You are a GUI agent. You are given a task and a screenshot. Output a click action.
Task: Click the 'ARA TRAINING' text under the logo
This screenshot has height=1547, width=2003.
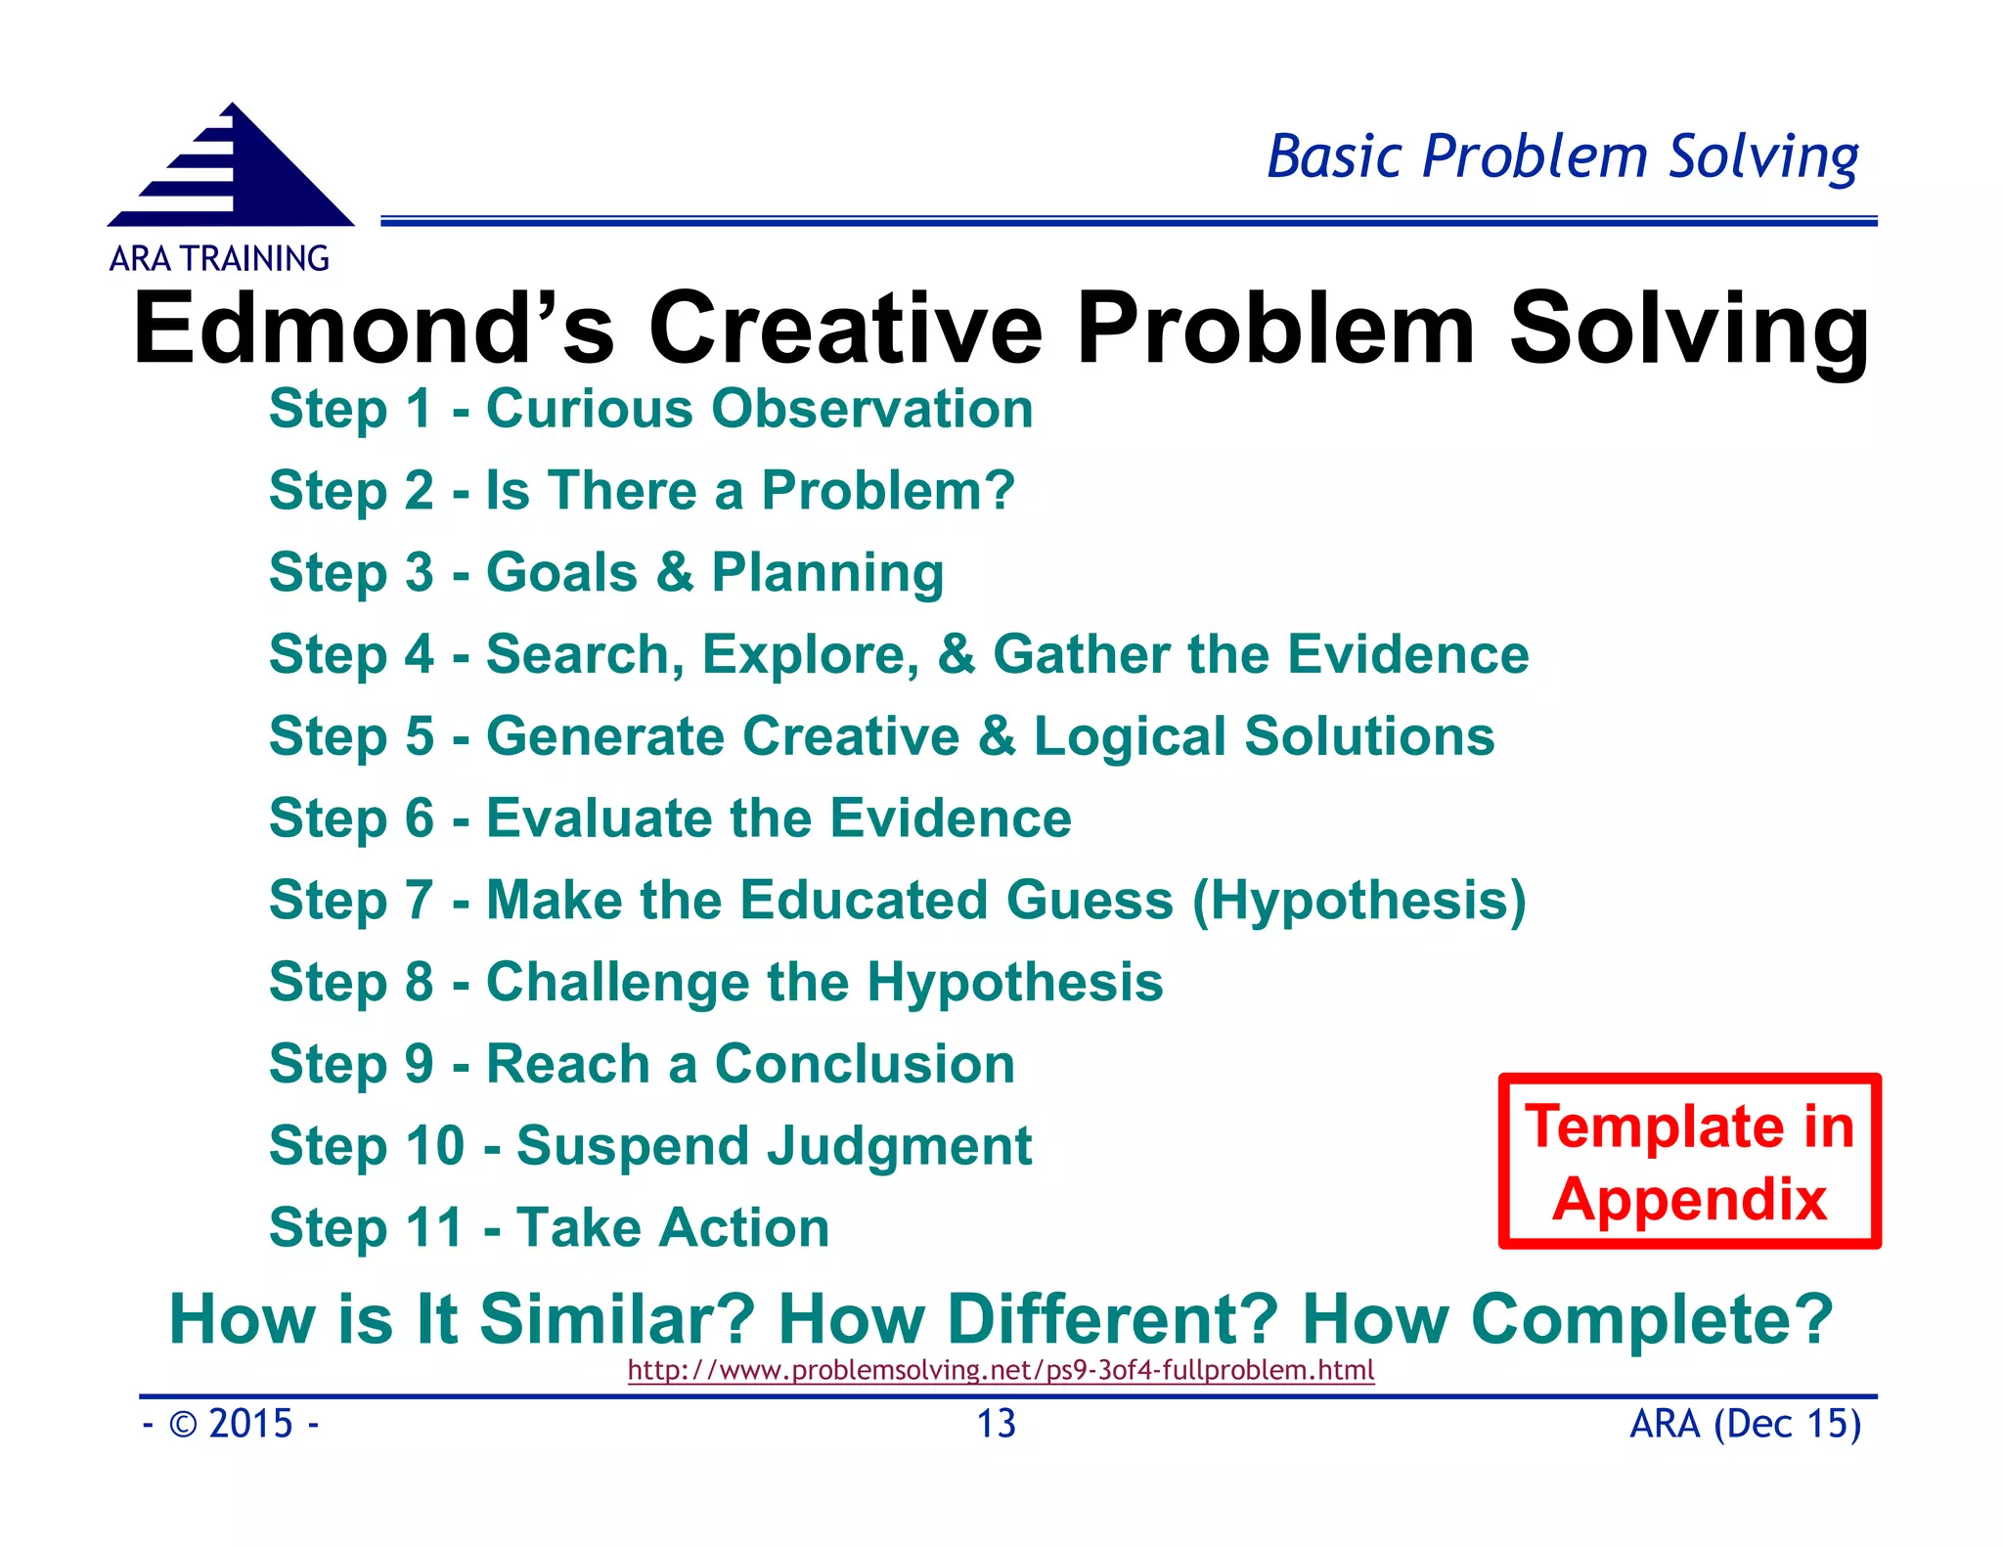pos(219,259)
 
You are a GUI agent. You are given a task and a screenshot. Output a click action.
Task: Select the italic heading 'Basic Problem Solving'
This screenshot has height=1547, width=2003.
pos(1562,156)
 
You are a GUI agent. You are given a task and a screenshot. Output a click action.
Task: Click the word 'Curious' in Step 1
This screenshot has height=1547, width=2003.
pos(590,408)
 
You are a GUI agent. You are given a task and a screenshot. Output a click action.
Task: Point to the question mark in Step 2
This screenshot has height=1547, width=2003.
pos(998,489)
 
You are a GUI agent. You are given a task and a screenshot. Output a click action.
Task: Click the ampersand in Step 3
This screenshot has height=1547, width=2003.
pos(675,572)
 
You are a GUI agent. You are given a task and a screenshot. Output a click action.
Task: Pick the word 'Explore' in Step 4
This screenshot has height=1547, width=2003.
pos(810,655)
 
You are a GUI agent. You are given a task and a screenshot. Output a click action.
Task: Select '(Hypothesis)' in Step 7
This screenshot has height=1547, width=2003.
pos(1358,901)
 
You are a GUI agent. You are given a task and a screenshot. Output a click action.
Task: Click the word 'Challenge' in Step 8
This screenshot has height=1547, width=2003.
pos(617,983)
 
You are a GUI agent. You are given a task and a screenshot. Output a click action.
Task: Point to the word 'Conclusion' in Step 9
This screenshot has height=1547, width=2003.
pos(865,1064)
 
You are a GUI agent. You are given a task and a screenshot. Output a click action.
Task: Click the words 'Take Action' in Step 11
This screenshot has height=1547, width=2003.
pos(673,1227)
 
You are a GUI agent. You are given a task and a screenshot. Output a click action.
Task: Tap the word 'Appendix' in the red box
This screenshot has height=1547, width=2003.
pos(1689,1200)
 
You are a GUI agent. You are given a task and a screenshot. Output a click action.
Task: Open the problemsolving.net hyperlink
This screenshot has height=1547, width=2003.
pos(1001,1370)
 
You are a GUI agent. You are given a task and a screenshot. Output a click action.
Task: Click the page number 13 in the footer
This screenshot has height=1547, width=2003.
pos(997,1424)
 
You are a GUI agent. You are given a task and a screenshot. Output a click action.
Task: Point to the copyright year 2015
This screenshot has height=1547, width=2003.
pos(250,1424)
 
